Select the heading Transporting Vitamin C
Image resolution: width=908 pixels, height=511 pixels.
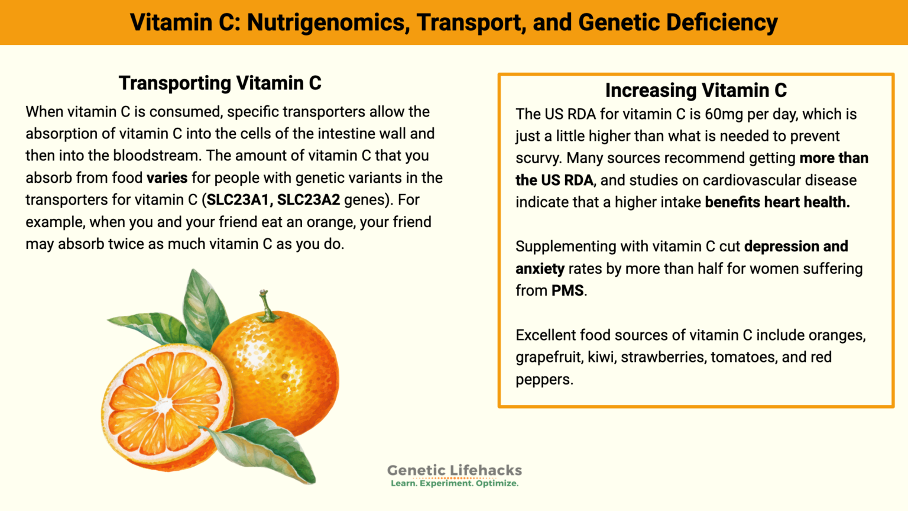click(220, 83)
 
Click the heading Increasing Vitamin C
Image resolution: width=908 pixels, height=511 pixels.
click(696, 90)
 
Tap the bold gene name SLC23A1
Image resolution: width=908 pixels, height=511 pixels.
click(239, 200)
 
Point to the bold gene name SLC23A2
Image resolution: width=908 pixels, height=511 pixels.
click(309, 200)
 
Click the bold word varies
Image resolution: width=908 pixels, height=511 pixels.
click(167, 178)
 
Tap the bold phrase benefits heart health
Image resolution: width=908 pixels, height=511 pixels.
click(777, 202)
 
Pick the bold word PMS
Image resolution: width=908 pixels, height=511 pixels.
click(567, 290)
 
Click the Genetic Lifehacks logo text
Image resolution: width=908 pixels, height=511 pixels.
click(454, 470)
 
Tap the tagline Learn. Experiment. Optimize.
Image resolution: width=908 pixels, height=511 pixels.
click(454, 483)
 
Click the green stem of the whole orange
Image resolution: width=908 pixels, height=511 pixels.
click(267, 305)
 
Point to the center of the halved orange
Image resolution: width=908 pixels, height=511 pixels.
click(164, 406)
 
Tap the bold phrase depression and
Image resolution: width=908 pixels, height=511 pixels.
click(796, 246)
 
